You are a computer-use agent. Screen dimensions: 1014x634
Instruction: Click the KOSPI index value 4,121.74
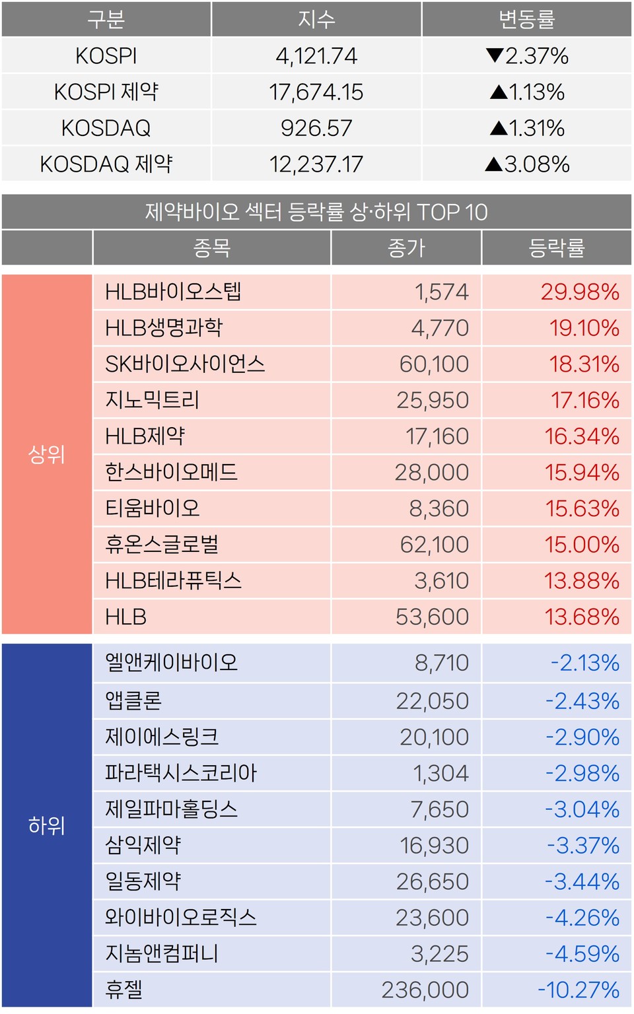click(x=316, y=56)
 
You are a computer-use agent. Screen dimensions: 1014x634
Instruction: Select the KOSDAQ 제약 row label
click(x=106, y=164)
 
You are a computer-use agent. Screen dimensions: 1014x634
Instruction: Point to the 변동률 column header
click(x=526, y=19)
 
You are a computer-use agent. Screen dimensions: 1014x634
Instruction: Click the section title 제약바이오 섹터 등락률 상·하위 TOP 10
click(x=316, y=212)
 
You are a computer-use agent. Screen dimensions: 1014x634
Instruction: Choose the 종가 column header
click(x=406, y=248)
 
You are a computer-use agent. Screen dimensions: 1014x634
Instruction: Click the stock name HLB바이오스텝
click(x=174, y=292)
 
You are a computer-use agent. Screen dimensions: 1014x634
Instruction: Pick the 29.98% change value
click(x=580, y=292)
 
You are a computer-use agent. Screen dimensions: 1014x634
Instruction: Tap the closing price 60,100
click(x=434, y=364)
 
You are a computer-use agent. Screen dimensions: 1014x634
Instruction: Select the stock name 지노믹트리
click(x=153, y=400)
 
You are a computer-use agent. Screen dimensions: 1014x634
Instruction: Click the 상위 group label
click(x=46, y=454)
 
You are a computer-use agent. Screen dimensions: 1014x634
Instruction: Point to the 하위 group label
click(x=46, y=825)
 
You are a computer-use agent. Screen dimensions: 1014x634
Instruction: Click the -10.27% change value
click(x=579, y=990)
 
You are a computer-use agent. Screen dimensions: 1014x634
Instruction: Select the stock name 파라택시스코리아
click(x=181, y=773)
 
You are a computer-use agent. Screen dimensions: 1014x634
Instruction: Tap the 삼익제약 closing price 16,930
click(x=434, y=846)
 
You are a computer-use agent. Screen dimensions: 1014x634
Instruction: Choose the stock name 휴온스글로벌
click(x=162, y=545)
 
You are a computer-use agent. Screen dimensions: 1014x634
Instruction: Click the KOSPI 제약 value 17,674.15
click(x=316, y=92)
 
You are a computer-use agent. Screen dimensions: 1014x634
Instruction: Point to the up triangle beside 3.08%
click(x=493, y=164)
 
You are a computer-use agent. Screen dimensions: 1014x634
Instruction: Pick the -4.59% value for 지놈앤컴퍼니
click(x=582, y=954)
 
